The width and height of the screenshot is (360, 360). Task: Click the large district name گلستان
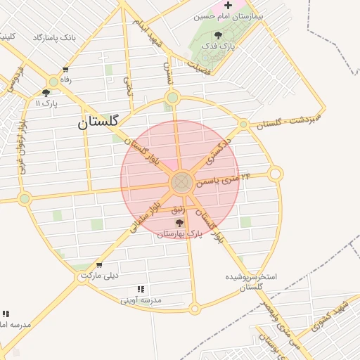coord(100,123)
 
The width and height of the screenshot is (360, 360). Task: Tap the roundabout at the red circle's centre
coord(181,184)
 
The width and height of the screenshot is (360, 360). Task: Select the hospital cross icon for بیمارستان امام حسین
coord(228,6)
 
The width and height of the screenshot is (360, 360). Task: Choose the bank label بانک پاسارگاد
coord(53,36)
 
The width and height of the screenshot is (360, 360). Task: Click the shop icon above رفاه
coord(65,70)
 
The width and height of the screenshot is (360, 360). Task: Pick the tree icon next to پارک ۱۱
coord(46,92)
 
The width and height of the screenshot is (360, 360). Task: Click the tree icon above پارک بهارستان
coord(179,223)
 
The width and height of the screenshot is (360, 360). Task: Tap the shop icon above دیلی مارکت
coord(99,265)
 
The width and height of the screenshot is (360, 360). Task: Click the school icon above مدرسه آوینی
coord(141,289)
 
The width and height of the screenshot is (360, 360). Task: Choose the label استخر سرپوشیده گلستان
coord(251,281)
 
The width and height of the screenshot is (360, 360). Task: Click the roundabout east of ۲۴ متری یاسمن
coord(276,174)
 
